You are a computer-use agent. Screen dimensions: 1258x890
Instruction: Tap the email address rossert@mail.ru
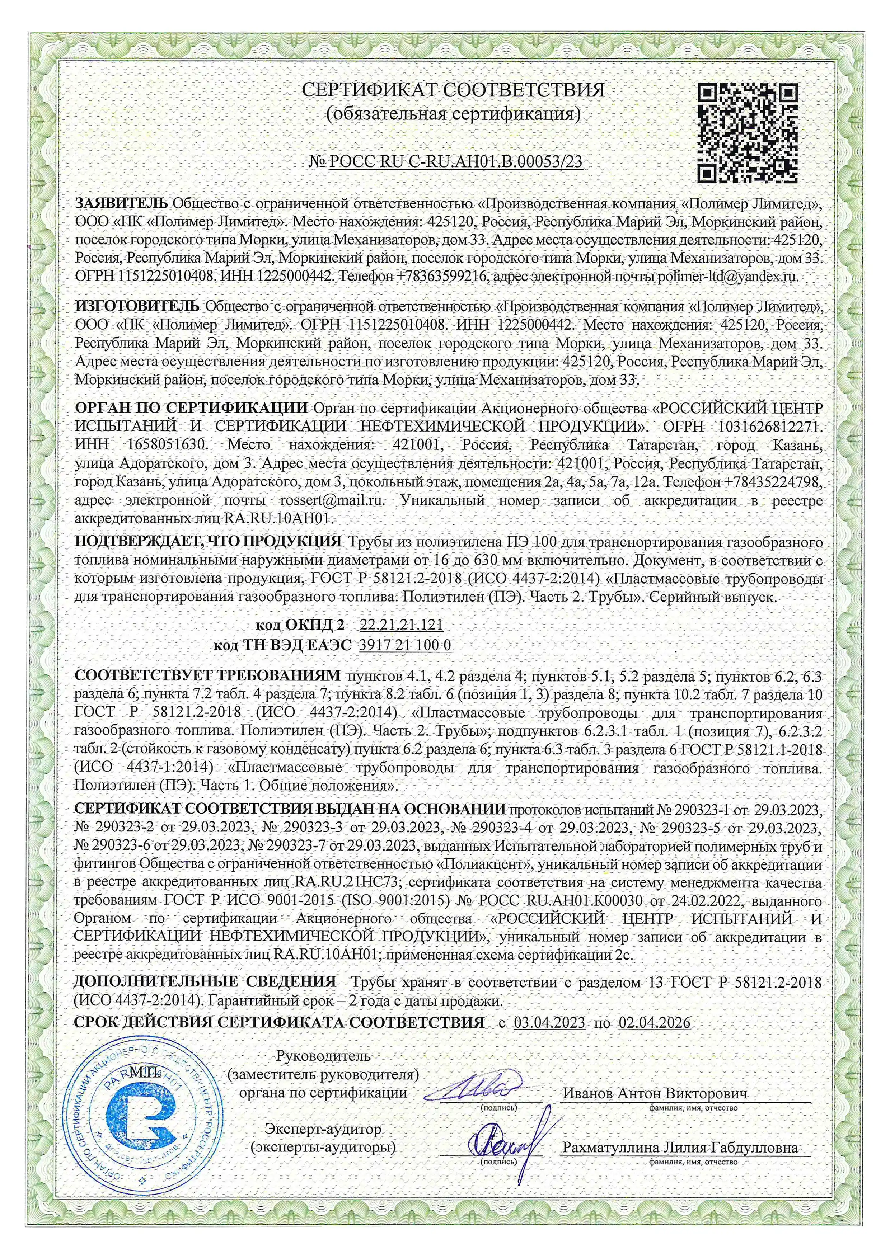click(x=332, y=500)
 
